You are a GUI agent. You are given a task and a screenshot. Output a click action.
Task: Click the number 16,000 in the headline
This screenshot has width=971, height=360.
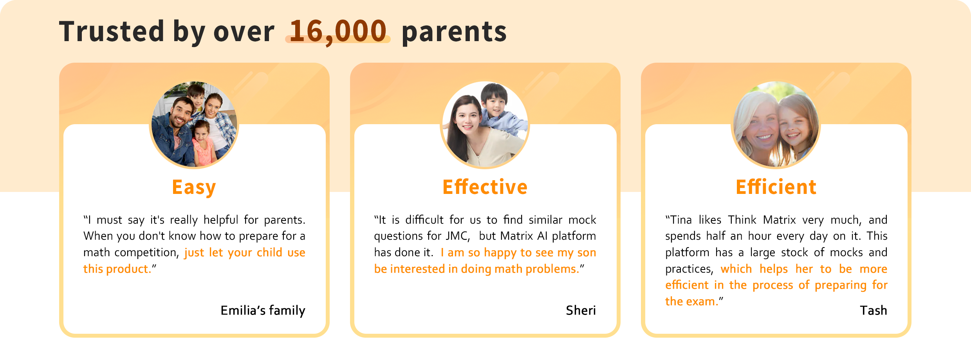pyautogui.click(x=338, y=32)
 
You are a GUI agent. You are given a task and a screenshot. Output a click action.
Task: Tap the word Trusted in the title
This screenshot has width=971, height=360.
pyautogui.click(x=112, y=31)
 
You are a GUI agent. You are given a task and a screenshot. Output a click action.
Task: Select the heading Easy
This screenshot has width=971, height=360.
pyautogui.click(x=194, y=188)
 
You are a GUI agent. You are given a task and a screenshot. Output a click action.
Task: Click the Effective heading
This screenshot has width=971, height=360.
pyautogui.click(x=485, y=187)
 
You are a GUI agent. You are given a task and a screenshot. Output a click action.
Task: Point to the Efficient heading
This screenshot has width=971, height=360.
pyautogui.click(x=776, y=187)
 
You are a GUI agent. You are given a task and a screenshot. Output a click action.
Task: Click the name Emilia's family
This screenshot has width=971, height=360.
pyautogui.click(x=263, y=311)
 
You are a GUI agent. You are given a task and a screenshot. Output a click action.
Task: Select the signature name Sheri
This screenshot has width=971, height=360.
pyautogui.click(x=581, y=310)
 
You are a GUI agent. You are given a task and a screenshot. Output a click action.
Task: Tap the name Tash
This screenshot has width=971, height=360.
pyautogui.click(x=874, y=310)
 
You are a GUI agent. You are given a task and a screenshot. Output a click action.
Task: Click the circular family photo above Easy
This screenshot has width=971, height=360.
pyautogui.click(x=194, y=125)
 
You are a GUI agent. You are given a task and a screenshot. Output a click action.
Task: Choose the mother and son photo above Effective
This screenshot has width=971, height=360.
pyautogui.click(x=485, y=125)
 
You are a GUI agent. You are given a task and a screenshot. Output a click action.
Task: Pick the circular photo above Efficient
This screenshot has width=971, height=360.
pyautogui.click(x=776, y=125)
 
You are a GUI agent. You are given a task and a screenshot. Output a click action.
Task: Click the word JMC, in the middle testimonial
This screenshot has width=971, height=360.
pyautogui.click(x=458, y=236)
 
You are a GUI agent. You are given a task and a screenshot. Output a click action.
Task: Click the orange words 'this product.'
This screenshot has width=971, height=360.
pyautogui.click(x=117, y=269)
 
